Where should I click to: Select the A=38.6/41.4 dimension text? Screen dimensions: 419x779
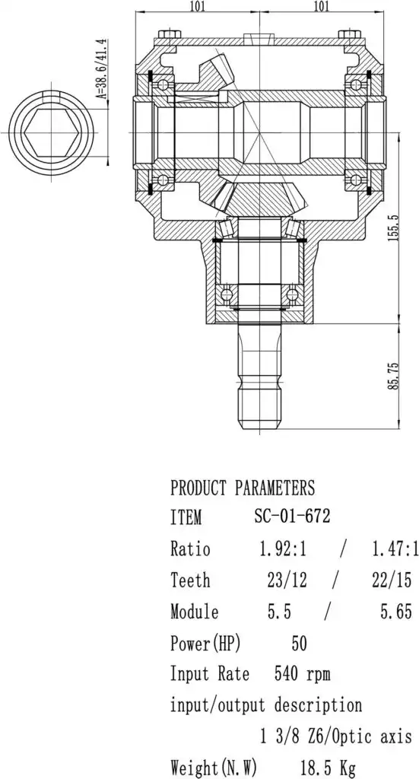coord(103,68)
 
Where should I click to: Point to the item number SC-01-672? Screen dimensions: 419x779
coord(293,517)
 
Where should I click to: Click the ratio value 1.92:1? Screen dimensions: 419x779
coord(283,549)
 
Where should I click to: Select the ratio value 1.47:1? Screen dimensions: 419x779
coord(395,549)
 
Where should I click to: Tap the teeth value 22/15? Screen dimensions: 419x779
coord(392,580)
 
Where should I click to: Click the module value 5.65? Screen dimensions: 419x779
coord(396,612)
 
